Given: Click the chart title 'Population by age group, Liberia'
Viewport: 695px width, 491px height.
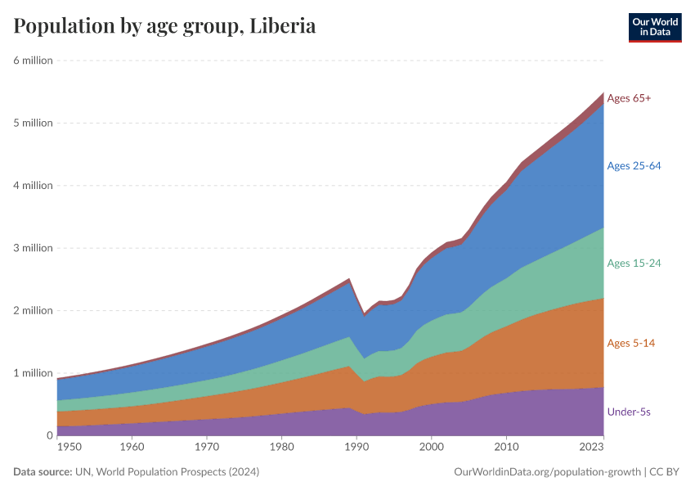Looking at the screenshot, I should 164,25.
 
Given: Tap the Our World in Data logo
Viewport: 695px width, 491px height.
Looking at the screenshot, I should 654,27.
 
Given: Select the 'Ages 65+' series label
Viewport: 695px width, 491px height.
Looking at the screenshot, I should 629,98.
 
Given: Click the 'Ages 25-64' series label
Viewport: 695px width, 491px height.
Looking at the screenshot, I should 634,165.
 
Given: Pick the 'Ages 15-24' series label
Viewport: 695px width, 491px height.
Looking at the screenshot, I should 634,263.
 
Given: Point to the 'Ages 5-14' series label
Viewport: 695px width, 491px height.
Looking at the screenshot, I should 630,343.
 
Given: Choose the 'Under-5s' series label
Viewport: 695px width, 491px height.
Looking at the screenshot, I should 629,412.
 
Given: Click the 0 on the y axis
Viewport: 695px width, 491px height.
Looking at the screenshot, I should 49,435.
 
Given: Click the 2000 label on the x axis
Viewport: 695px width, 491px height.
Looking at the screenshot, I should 431,448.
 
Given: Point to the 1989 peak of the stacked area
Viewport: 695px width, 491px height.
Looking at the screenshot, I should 349,279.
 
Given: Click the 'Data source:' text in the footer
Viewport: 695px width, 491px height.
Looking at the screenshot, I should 42,472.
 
